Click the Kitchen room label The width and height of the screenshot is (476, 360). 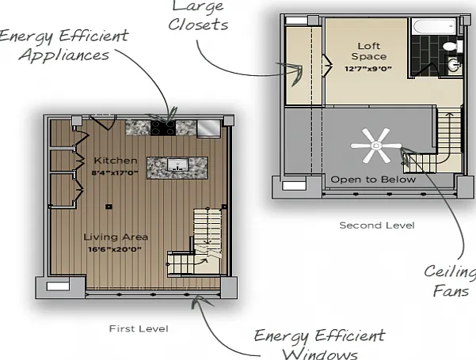(116, 161)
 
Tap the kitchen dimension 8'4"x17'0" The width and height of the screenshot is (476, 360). (115, 172)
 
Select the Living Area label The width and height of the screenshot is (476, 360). (116, 237)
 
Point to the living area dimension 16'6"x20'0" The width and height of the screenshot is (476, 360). (115, 249)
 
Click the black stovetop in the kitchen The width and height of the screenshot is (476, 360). (163, 127)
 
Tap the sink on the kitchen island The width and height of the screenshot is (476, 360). (177, 166)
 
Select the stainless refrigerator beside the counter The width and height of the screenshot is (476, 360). (209, 129)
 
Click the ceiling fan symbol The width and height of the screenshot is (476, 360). (376, 146)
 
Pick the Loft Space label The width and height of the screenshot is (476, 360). (369, 51)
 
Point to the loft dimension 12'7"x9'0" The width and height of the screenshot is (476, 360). (368, 69)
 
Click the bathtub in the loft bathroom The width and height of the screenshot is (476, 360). (435, 26)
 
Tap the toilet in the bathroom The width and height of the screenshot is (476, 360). (452, 47)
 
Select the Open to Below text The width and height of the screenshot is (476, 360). (373, 180)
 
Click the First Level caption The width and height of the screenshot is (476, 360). (139, 329)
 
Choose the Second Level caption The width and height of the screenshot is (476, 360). (377, 225)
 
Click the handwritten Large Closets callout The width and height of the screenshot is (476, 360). (198, 15)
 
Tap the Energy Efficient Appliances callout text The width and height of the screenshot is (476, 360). (65, 45)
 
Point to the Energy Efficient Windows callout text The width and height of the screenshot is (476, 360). (320, 344)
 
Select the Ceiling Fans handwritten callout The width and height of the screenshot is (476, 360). (450, 281)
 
